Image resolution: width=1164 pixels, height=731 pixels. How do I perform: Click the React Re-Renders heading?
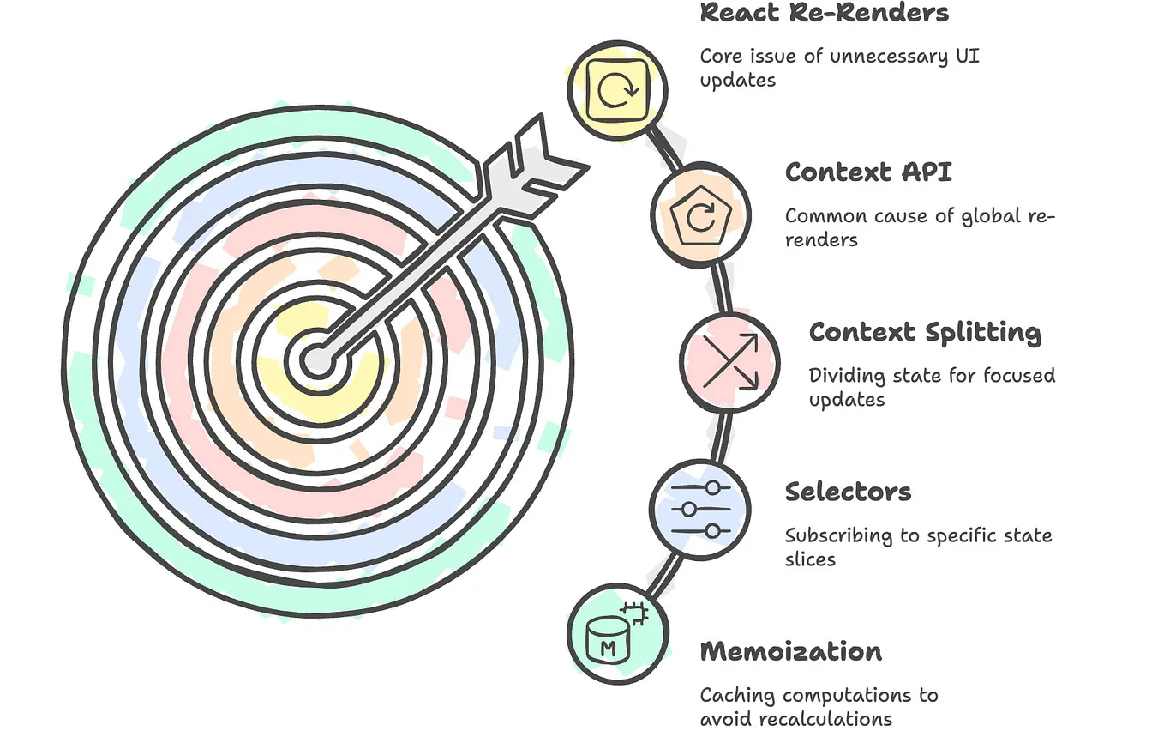pos(825,14)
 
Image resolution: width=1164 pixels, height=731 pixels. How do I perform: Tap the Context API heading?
pos(867,172)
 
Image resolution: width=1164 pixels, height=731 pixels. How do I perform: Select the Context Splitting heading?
pos(925,332)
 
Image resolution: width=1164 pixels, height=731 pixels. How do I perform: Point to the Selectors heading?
pos(848,492)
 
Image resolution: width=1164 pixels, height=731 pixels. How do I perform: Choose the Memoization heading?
pos(790,651)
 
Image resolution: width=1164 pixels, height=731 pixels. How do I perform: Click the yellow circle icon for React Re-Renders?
pos(617,89)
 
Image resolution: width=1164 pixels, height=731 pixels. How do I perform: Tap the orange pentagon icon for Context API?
pos(700,215)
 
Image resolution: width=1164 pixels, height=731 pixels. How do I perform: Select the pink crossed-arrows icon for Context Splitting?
pos(729,362)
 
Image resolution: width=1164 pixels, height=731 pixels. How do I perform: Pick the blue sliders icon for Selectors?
pos(699,510)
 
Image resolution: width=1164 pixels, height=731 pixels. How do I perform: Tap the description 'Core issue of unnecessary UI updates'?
pos(838,68)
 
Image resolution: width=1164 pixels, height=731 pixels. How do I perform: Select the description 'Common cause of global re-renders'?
pos(919,227)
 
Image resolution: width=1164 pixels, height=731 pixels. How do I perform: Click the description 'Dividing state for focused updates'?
pos(931,387)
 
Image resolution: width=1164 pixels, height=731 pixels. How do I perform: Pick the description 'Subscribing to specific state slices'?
pos(917,547)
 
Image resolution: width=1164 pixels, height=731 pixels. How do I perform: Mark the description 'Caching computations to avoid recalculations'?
pos(819,706)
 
